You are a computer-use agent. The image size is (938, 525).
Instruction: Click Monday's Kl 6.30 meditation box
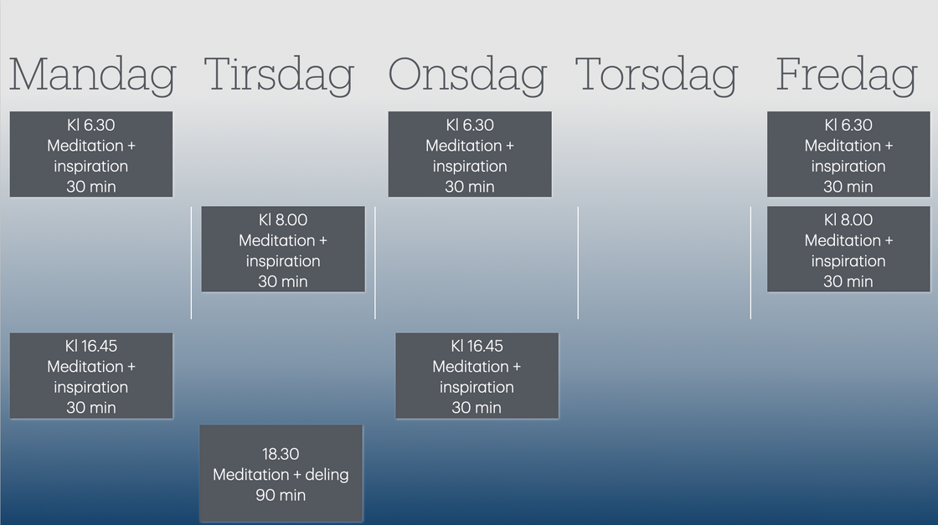pyautogui.click(x=91, y=154)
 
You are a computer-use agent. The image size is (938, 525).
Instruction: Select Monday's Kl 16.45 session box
pyautogui.click(x=91, y=375)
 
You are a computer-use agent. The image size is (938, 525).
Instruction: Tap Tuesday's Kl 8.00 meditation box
pyautogui.click(x=283, y=250)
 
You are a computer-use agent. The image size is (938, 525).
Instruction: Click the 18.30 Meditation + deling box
pyautogui.click(x=281, y=474)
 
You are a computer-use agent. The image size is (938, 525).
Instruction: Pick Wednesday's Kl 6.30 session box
pyautogui.click(x=470, y=154)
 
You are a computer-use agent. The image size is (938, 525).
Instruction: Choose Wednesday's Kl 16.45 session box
pyautogui.click(x=477, y=375)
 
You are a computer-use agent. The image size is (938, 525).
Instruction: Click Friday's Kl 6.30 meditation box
pyautogui.click(x=848, y=154)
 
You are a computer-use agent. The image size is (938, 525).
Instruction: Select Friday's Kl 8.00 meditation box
pyautogui.click(x=848, y=250)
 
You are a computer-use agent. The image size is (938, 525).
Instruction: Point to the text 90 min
pyautogui.click(x=281, y=495)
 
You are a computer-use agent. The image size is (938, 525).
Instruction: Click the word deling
pyautogui.click(x=327, y=475)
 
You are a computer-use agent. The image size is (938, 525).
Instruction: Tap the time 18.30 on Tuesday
pyautogui.click(x=281, y=454)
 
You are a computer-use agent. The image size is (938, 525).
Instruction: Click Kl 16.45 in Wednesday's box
pyautogui.click(x=477, y=346)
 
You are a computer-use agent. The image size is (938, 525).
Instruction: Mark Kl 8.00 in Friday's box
pyautogui.click(x=848, y=219)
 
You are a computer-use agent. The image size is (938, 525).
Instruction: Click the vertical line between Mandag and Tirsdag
pyautogui.click(x=192, y=263)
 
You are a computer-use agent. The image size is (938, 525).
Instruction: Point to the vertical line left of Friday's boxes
pyautogui.click(x=750, y=263)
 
